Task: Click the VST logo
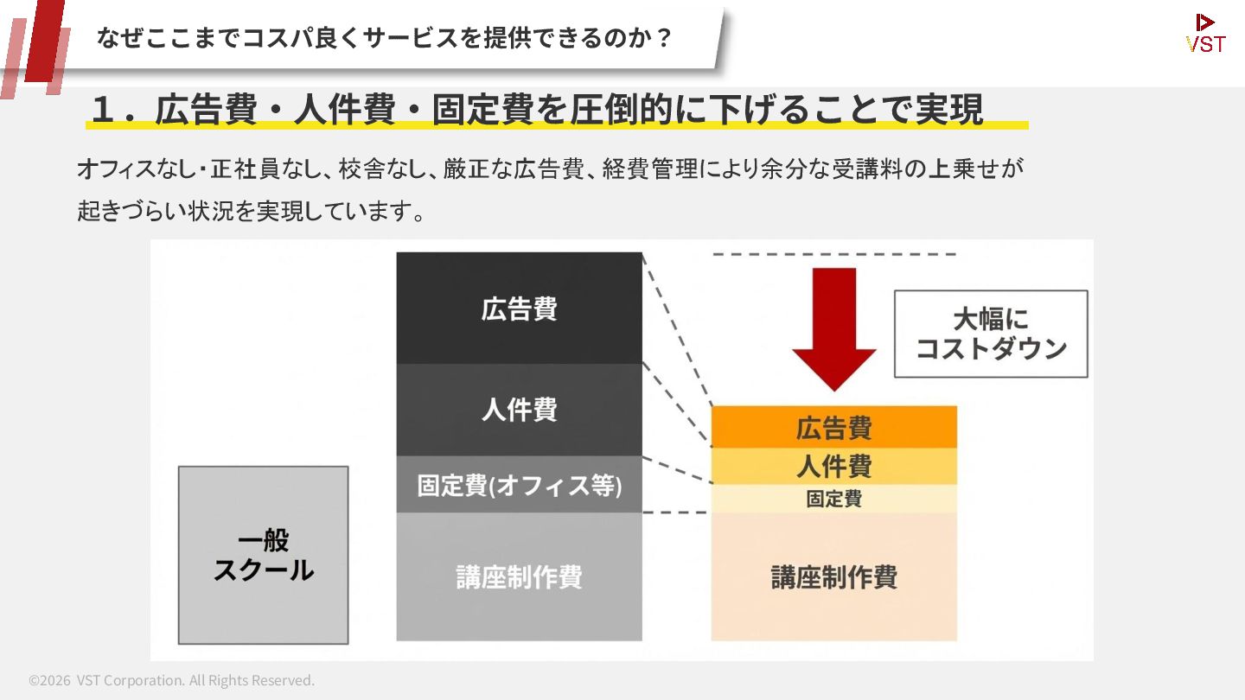tap(1205, 34)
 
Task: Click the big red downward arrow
tap(834, 324)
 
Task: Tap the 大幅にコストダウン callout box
tap(991, 334)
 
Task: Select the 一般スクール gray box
tap(263, 555)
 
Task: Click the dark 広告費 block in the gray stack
tap(519, 308)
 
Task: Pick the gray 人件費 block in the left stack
tap(519, 410)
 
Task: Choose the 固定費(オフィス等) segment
tap(519, 485)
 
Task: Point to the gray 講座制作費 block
tap(519, 576)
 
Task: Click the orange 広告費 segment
tap(833, 427)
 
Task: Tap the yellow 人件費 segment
tap(833, 467)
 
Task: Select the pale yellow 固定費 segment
tap(833, 499)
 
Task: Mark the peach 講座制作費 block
tap(833, 576)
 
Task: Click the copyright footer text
tap(171, 680)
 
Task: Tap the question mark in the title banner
tap(664, 38)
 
